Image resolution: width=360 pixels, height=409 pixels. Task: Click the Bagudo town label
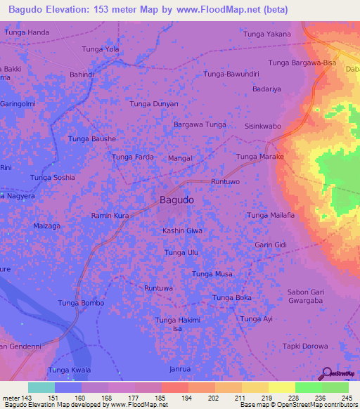pos(176,200)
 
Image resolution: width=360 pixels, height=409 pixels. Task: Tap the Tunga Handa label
pos(27,33)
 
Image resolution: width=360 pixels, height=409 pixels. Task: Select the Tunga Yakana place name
pos(266,34)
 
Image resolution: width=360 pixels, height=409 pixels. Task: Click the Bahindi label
pos(82,74)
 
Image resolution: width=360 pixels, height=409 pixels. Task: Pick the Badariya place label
pos(266,89)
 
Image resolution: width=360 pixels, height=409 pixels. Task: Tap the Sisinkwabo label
pos(262,126)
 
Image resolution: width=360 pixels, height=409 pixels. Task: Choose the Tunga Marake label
pos(259,157)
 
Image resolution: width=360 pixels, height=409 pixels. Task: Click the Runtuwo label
pos(226,181)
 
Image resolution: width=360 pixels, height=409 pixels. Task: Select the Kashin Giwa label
pos(182,231)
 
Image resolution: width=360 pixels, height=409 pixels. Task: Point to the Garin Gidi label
pos(271,245)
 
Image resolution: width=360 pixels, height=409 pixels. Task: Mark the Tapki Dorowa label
pos(305,346)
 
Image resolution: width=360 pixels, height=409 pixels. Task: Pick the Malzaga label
pos(48,226)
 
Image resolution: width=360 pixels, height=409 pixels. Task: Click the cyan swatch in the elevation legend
pos(41,387)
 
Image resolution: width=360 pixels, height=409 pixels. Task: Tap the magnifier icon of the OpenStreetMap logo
pos(327,374)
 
